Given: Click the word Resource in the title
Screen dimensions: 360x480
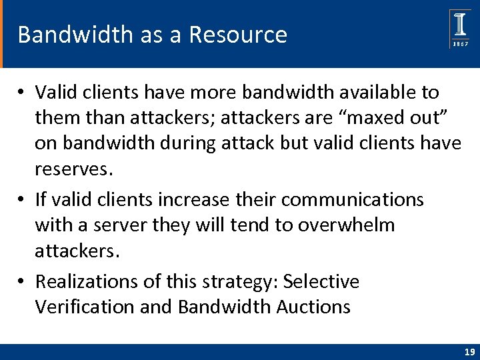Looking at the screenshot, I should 238,35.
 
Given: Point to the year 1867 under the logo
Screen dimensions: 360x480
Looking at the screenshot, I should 460,43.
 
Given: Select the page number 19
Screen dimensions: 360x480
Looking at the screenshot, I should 469,351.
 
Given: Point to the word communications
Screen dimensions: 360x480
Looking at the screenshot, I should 357,199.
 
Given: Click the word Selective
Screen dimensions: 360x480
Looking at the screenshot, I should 321,282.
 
